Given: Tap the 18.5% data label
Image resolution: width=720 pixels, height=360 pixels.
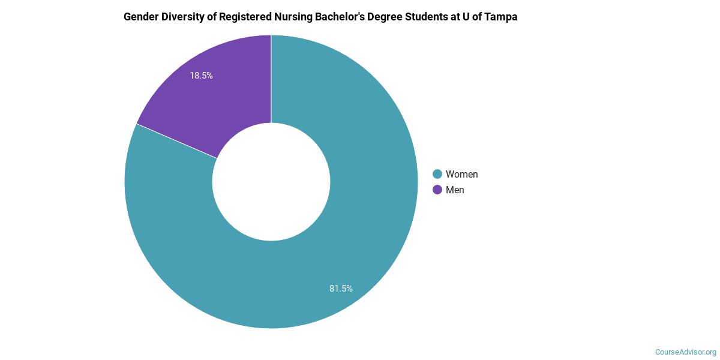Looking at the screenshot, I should coord(202,76).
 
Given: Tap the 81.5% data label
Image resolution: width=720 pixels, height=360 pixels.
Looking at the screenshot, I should coord(341,289).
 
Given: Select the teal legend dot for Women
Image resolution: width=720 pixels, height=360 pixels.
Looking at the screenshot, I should coord(437,174).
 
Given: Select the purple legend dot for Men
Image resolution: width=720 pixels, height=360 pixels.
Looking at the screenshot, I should coord(437,190).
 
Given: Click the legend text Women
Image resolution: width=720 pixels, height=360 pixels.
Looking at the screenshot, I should coord(461,174).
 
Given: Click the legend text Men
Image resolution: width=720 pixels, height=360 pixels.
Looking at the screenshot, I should coord(455,190).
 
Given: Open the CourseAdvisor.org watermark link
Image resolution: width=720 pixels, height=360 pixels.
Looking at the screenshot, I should coord(685,352).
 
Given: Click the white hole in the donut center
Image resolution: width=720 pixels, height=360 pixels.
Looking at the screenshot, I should coord(271,181).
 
